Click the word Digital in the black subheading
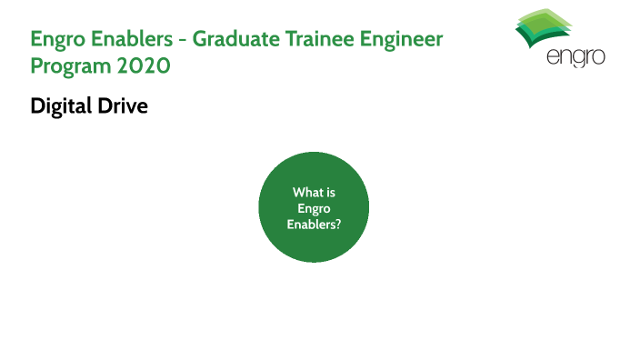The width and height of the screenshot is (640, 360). tap(61, 106)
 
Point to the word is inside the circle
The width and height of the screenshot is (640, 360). tap(330, 193)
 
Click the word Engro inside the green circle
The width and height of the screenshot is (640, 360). tap(314, 208)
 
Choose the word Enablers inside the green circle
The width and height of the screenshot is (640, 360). tap(311, 224)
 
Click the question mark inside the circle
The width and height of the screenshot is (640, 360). tap(338, 224)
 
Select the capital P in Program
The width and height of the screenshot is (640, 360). tap(36, 66)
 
